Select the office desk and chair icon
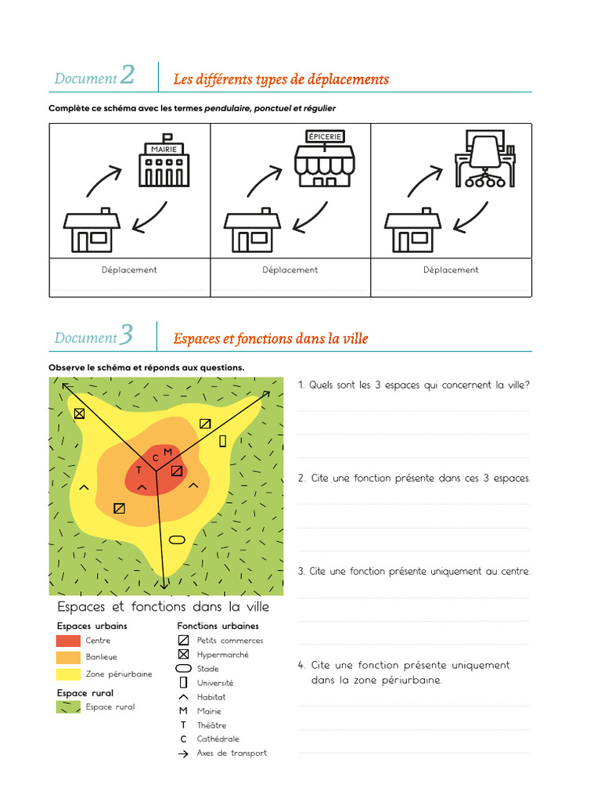point(485,161)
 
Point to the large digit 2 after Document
point(128,76)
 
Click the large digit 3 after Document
point(127,336)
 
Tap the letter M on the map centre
point(167,452)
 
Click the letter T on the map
point(139,471)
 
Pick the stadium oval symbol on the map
point(178,539)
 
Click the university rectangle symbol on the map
point(222,441)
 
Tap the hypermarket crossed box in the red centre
point(177,471)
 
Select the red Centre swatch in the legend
point(69,641)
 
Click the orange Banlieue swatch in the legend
point(69,657)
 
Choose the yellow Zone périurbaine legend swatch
point(69,674)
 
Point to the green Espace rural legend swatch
point(69,706)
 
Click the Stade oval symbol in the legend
point(183,669)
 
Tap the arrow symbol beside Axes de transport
point(183,753)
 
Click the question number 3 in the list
point(301,572)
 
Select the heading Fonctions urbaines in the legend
point(218,626)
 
